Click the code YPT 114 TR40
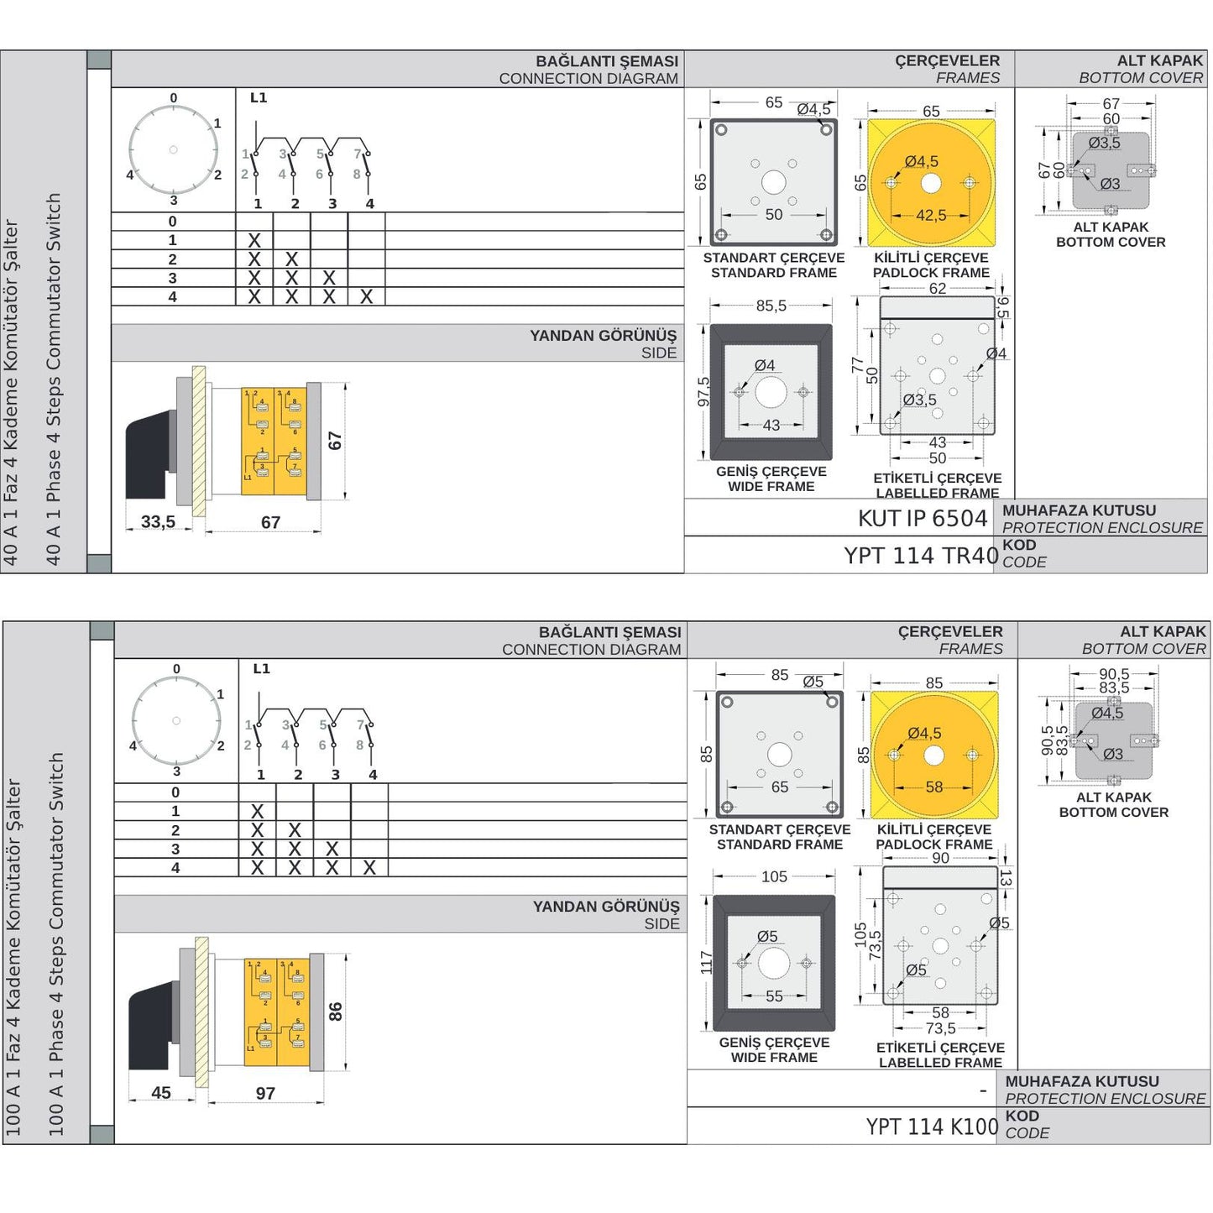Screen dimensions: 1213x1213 coord(921,556)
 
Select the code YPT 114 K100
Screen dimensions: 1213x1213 coord(932,1127)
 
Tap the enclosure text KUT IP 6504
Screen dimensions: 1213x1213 coord(922,519)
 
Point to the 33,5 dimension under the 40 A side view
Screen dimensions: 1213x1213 coord(158,522)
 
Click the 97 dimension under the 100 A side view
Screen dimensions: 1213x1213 coord(265,1093)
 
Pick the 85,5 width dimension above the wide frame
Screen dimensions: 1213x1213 coord(771,306)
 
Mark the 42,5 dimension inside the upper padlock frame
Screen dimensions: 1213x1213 coord(931,216)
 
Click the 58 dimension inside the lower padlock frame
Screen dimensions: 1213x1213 coord(934,787)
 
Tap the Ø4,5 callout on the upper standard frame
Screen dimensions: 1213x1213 coord(813,109)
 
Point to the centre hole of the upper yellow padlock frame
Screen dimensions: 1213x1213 coord(930,183)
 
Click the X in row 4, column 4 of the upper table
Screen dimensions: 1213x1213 coord(367,297)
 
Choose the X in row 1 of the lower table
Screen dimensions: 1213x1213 coord(258,812)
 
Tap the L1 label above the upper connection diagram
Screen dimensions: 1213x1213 coord(259,98)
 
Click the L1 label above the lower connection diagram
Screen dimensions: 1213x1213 coord(261,669)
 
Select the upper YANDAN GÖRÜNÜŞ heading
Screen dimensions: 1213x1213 coord(603,336)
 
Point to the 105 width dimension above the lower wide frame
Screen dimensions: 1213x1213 coord(774,877)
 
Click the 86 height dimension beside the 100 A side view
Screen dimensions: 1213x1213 coord(336,1012)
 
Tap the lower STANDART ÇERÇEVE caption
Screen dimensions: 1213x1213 coord(779,829)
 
